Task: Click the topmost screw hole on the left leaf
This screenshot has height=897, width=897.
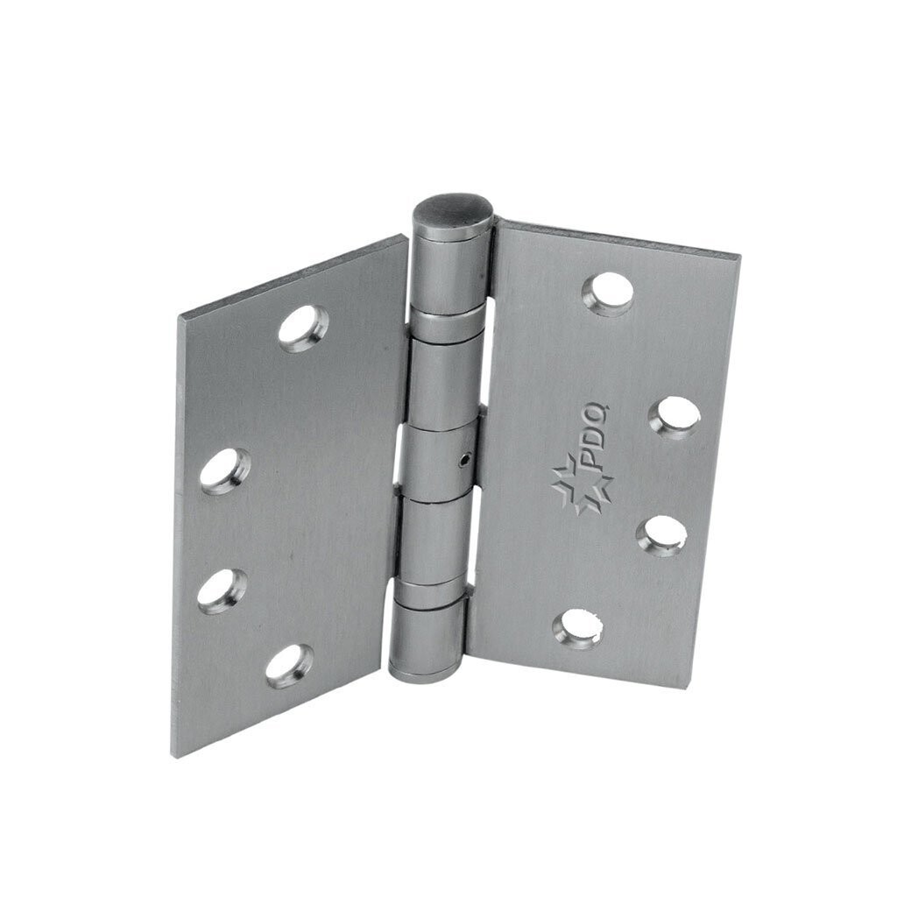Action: coord(303,328)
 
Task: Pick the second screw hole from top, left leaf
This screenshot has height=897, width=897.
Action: coord(224,471)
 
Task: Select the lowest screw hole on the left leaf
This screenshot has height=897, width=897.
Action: coord(289,666)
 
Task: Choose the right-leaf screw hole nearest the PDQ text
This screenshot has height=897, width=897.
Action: coord(675,417)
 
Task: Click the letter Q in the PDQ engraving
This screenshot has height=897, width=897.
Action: coord(604,414)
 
